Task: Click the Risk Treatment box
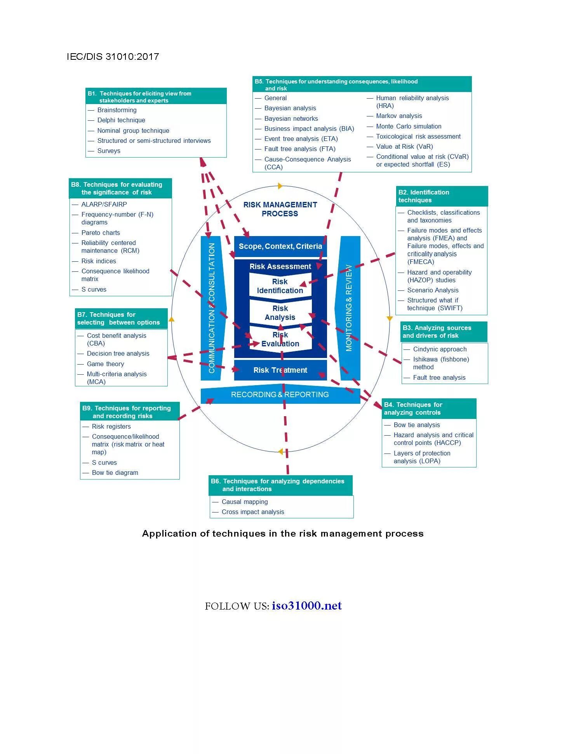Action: point(280,370)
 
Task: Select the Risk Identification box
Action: point(280,286)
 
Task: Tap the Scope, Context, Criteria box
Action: point(280,246)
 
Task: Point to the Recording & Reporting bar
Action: point(280,394)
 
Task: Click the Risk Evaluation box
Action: point(280,339)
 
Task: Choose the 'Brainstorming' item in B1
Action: point(117,110)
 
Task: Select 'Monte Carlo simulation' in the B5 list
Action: point(409,126)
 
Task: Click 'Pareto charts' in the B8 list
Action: point(101,233)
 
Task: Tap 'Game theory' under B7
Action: point(106,364)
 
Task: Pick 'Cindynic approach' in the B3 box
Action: point(440,349)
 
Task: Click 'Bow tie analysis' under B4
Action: point(417,425)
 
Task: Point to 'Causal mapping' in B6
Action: point(245,502)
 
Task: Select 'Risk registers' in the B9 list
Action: point(111,426)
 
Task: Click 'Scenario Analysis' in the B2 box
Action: point(433,290)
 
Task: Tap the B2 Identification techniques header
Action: point(442,196)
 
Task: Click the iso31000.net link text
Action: point(306,606)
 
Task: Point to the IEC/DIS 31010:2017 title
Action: point(113,57)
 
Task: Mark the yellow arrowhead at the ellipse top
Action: point(280,186)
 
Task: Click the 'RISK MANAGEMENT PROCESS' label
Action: point(280,209)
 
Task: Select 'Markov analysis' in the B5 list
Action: point(399,116)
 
